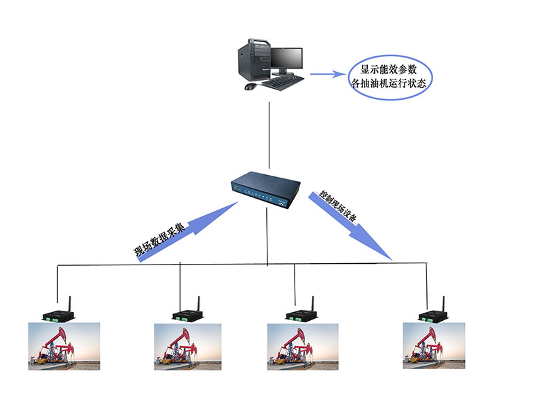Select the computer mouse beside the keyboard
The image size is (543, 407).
pos(250,87)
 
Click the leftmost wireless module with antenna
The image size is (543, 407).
pos(57,313)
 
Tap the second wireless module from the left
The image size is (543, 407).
pos(185,313)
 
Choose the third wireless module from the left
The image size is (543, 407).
pos(299,313)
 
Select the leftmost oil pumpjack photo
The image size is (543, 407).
pos(64,346)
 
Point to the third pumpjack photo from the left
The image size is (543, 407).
pos(302,346)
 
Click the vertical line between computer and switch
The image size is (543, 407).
pos(269,136)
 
